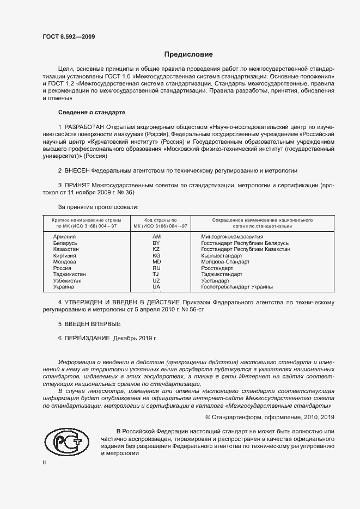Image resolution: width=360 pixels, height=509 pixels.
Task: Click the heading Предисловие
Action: click(x=188, y=54)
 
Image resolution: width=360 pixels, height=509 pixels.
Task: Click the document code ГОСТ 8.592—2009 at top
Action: click(x=64, y=36)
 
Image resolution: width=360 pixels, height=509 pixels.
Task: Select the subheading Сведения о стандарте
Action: click(x=91, y=112)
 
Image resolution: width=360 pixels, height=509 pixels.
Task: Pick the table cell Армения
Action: click(x=64, y=237)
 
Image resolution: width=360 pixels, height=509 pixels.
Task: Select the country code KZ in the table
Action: click(x=156, y=249)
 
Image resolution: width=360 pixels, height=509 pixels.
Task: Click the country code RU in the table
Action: click(x=156, y=268)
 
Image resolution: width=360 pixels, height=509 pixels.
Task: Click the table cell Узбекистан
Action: click(x=68, y=280)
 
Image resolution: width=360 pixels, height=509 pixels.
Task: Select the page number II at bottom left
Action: click(x=45, y=462)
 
